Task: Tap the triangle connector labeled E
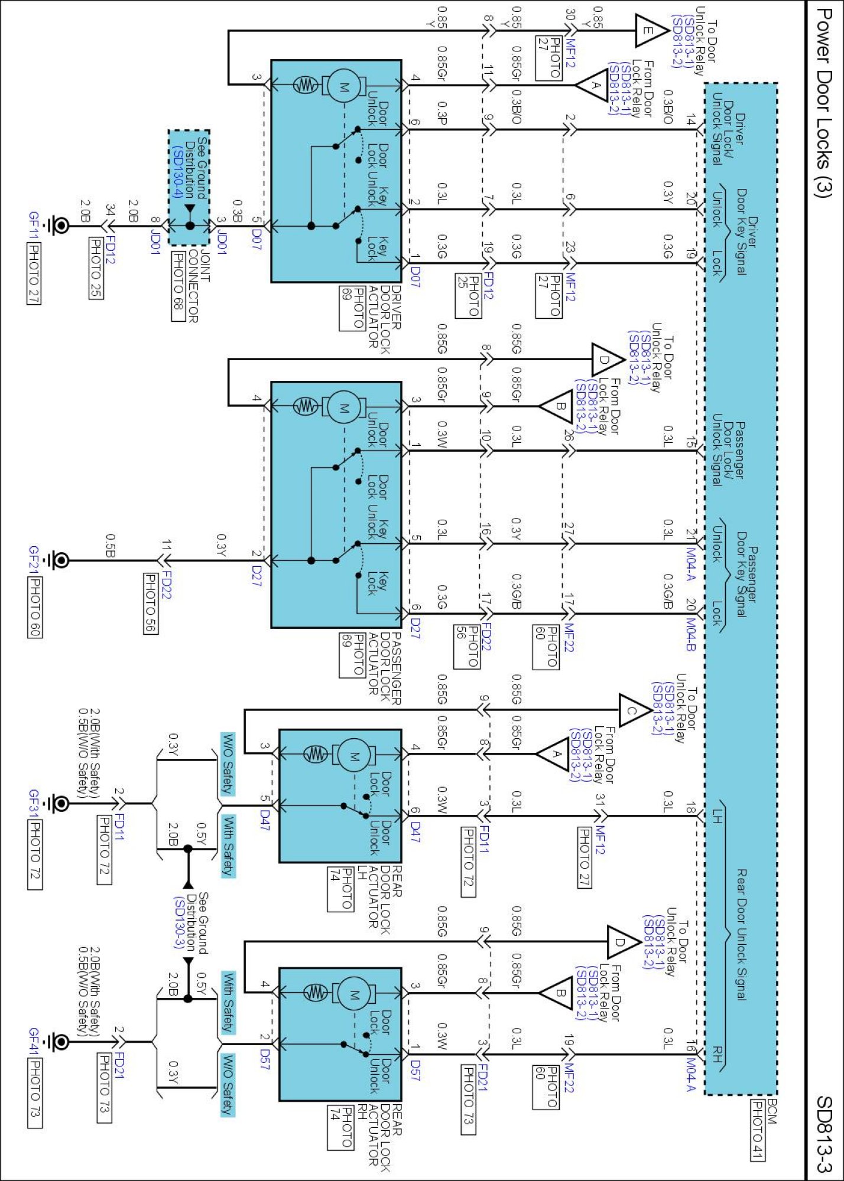point(650,31)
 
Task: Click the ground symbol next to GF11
point(60,225)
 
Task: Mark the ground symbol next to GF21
point(60,560)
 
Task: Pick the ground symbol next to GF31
point(60,803)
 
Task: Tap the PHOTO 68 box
point(178,286)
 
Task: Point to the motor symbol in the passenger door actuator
point(343,407)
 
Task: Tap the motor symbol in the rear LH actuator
point(354,754)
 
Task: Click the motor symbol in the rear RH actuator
point(354,994)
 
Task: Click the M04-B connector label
point(690,634)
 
